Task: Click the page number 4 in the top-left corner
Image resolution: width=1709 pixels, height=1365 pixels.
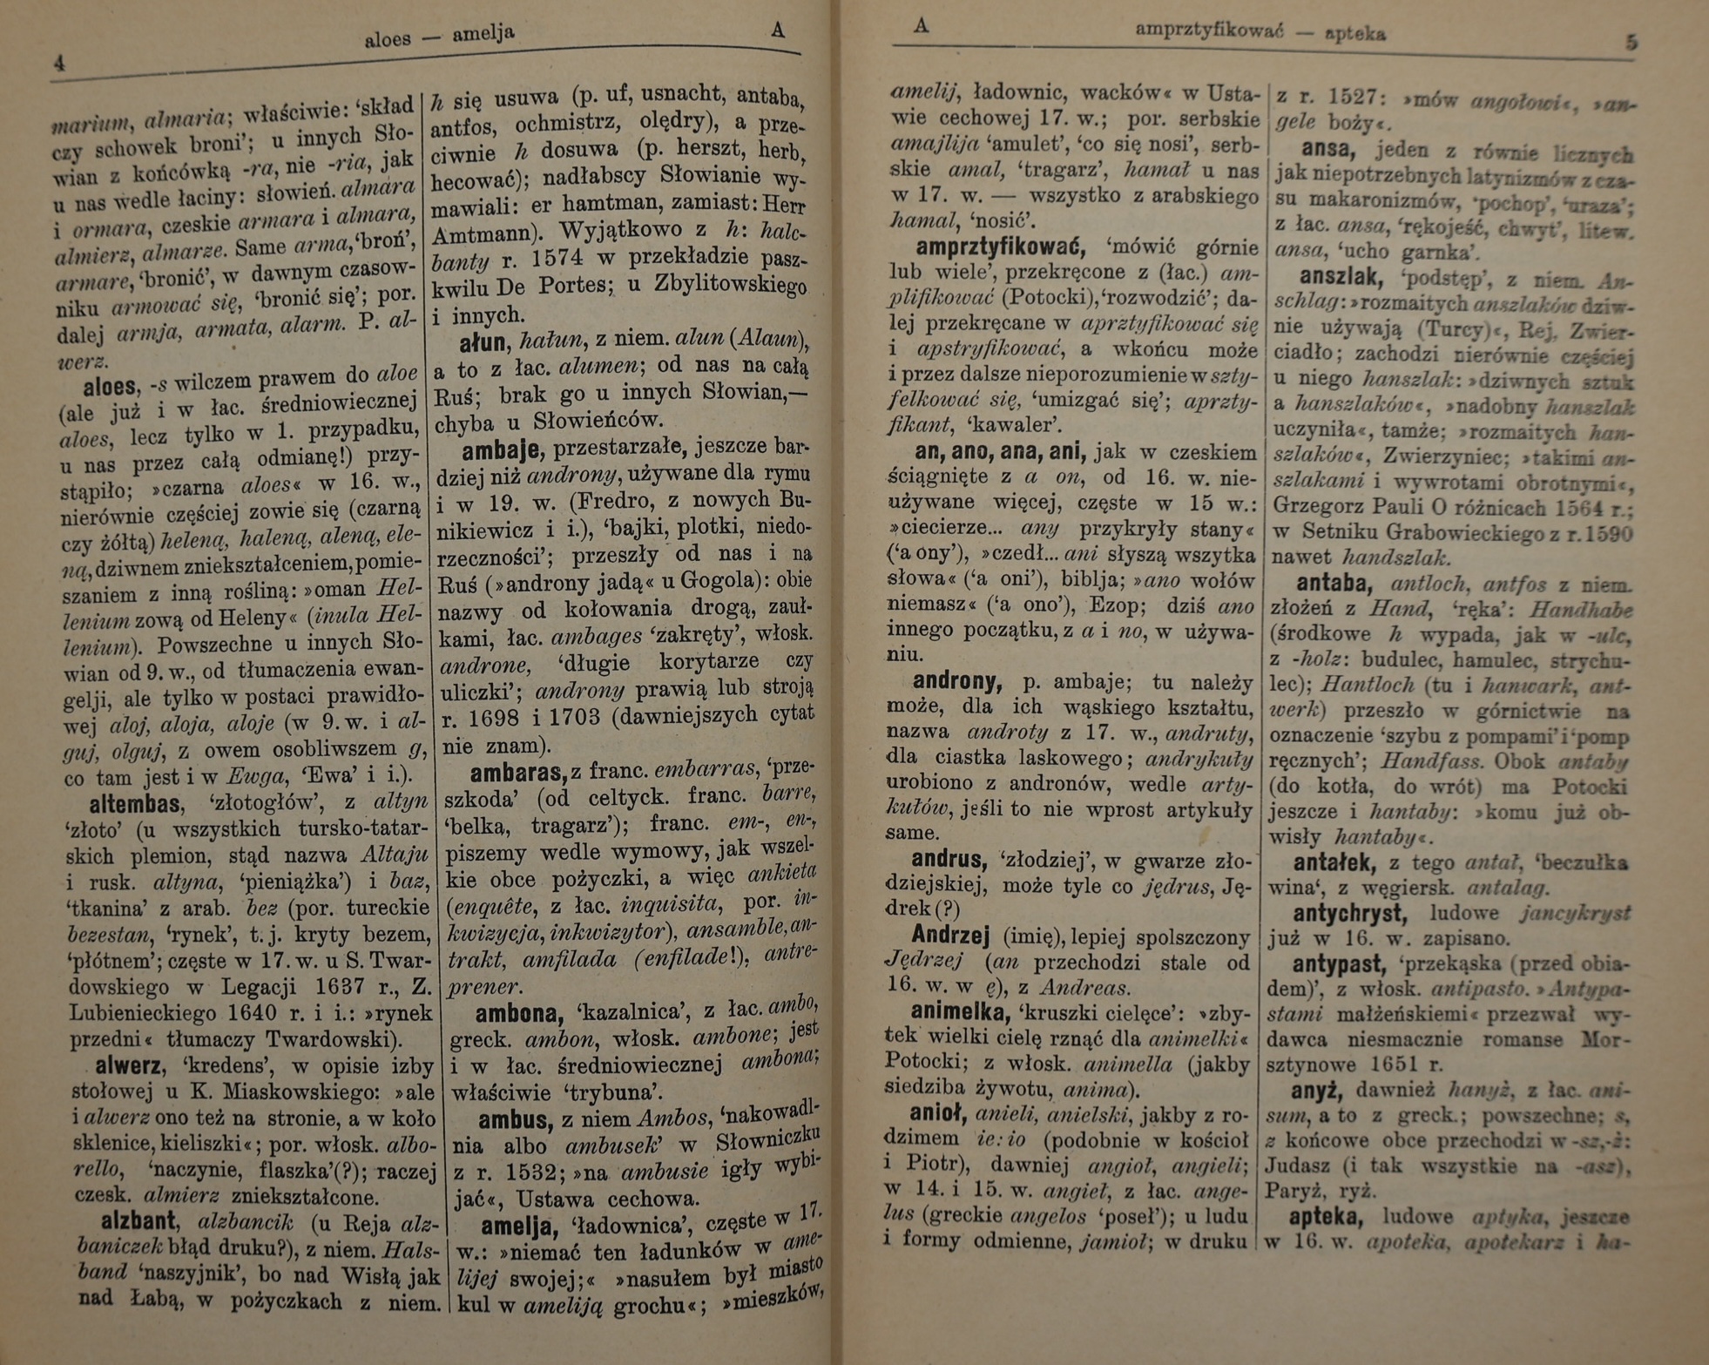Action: (59, 64)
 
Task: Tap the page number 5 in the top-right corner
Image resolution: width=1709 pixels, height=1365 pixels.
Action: (1631, 42)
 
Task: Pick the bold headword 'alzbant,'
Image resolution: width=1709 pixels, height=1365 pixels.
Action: (139, 1222)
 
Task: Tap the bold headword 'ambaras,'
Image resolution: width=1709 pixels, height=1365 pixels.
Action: (518, 773)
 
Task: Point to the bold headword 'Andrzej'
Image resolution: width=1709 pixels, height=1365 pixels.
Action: (950, 936)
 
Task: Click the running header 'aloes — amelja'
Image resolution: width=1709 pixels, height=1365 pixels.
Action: (439, 37)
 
